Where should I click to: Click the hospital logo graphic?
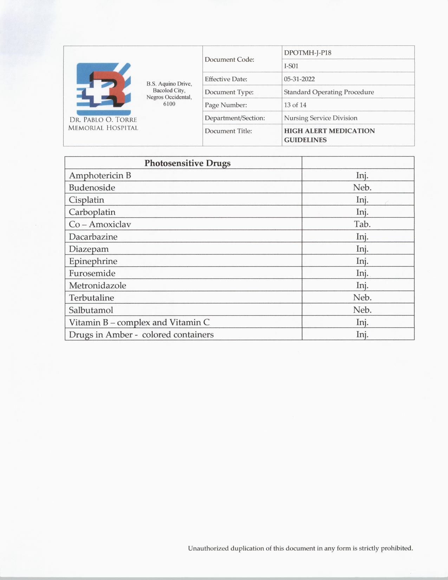(104, 89)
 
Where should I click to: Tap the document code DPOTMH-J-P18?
(307, 53)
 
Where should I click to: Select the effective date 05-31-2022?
(299, 79)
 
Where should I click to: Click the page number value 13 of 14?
(295, 105)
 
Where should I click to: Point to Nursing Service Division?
(320, 118)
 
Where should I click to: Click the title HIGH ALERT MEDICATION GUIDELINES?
(329, 135)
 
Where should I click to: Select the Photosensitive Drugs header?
(187, 163)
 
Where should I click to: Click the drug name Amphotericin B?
(100, 175)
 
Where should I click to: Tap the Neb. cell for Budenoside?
(362, 187)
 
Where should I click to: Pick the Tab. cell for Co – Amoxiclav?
(362, 224)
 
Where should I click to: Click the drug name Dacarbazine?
(93, 237)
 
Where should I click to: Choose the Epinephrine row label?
(93, 261)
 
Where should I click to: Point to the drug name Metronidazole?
(97, 285)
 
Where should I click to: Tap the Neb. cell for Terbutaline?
(362, 298)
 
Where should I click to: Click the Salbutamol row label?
(91, 310)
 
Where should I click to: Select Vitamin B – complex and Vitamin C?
(139, 322)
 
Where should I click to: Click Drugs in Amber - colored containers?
(141, 335)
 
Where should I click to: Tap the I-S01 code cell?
(291, 66)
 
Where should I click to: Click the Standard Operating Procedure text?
(329, 92)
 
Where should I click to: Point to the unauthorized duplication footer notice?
(300, 548)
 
